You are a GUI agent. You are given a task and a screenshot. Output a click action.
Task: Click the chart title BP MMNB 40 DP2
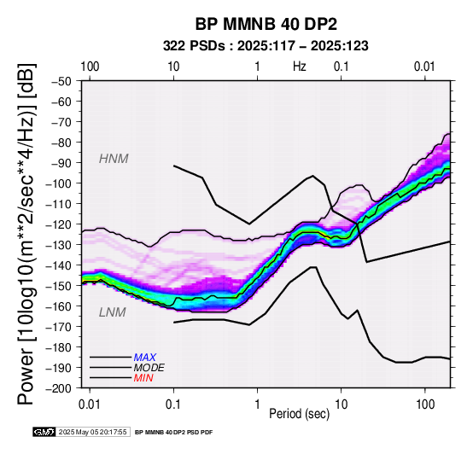266,25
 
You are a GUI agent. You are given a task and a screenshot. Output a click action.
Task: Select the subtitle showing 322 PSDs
266,46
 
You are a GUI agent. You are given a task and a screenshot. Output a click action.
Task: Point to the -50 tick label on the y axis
61,81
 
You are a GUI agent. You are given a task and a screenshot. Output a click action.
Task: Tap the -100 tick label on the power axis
59,183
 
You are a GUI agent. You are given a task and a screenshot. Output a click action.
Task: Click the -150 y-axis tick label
59,286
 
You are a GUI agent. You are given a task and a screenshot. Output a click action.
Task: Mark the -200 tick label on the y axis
59,388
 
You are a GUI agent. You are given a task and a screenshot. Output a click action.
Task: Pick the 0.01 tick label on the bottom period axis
90,405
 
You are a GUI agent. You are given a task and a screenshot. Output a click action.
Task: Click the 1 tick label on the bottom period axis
257,405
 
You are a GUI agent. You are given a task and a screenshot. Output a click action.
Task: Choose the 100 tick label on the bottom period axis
424,405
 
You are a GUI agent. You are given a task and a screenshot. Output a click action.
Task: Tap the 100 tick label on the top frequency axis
90,67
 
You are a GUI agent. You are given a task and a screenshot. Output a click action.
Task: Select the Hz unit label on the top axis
299,67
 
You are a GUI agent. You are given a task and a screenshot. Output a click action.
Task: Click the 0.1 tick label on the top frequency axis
342,67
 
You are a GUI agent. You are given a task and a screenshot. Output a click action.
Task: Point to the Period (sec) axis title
299,414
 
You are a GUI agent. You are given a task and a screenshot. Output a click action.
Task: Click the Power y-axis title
26,235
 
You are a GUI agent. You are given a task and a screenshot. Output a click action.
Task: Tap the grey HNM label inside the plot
114,159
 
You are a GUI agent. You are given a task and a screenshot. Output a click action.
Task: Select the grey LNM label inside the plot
113,312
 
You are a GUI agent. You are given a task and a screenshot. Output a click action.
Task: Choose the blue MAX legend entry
145,358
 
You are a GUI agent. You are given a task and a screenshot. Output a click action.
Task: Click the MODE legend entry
149,368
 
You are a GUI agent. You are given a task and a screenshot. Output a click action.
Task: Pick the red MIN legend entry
143,378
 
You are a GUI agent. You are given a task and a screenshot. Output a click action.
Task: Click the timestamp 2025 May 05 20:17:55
92,433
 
